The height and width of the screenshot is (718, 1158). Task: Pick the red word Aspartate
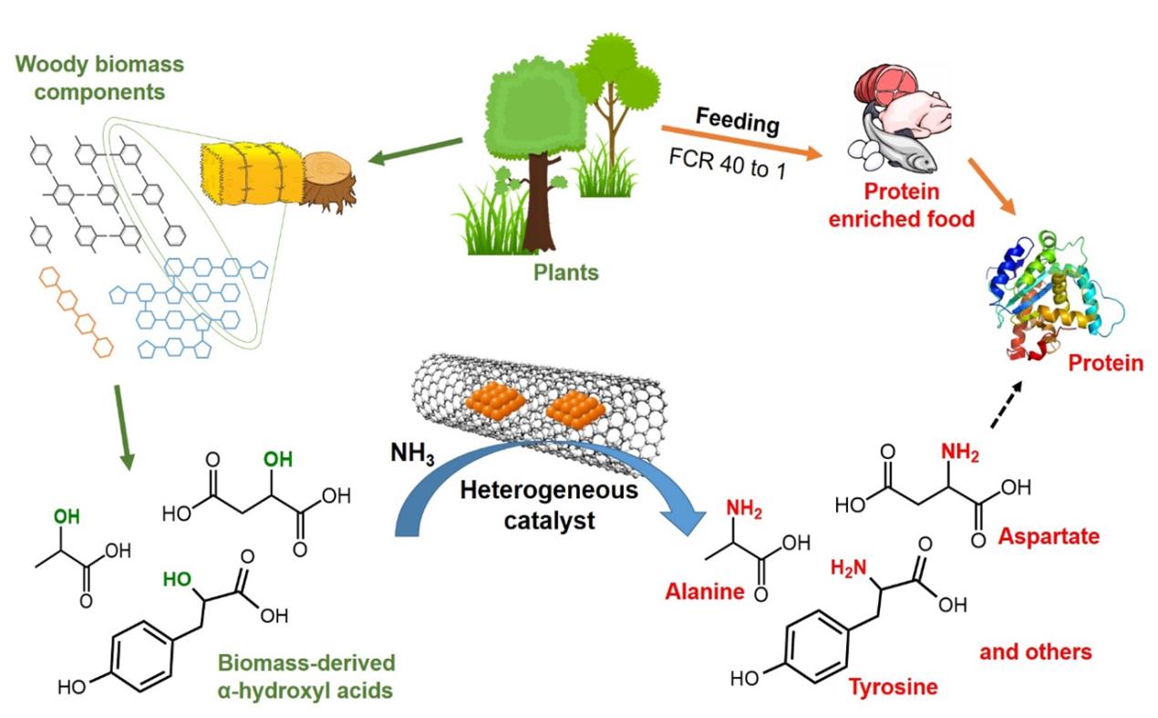1049,536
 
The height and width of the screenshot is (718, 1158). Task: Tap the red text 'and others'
1035,652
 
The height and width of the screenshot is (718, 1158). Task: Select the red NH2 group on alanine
745,508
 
